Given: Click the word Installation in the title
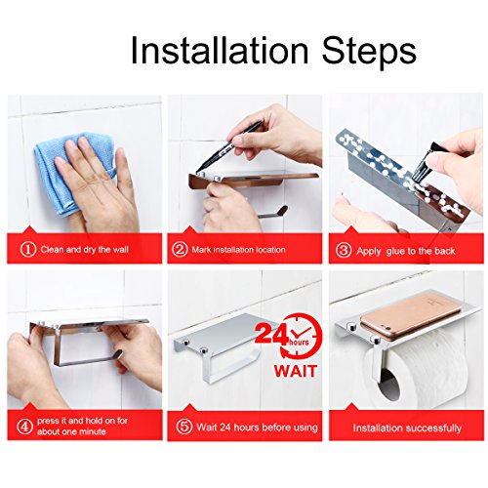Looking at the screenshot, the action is [220, 51].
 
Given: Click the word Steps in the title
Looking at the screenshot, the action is [369, 52].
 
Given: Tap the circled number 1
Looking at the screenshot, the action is [28, 250].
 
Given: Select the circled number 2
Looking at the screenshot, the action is [180, 250].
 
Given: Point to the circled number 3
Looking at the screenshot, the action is [344, 251].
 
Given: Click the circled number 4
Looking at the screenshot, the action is [24, 427].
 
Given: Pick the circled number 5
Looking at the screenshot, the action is [184, 427].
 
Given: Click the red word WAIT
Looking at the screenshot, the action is [295, 371].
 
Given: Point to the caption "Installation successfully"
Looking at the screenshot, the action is [407, 427].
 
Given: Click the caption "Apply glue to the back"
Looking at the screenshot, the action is [406, 251].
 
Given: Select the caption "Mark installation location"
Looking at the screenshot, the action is [238, 250].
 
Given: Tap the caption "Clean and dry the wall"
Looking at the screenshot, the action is [85, 250].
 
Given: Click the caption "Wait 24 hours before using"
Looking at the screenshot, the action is [257, 427].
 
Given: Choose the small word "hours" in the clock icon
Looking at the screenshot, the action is [299, 342].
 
